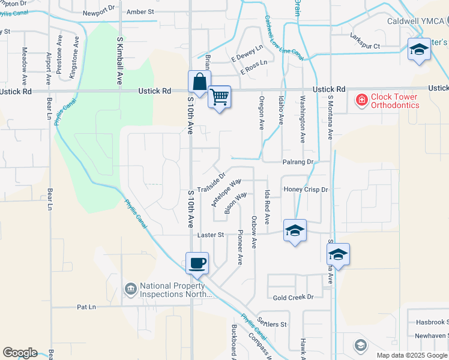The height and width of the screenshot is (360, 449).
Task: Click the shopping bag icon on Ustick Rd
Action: (199, 82)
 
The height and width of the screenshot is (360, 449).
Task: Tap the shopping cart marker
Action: (220, 96)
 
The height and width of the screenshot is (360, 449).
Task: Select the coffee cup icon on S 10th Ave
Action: (197, 263)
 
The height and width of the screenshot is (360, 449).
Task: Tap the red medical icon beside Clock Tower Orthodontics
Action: (361, 100)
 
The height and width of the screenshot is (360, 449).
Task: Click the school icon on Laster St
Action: (294, 231)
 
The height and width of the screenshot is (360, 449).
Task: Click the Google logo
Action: (20, 353)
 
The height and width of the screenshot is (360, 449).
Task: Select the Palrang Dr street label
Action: (298, 162)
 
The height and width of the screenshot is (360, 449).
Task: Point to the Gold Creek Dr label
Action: (294, 297)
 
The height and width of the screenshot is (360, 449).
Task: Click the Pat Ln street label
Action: (86, 307)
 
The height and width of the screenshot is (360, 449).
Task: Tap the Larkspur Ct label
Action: (365, 46)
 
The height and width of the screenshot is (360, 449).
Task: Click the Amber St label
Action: (141, 11)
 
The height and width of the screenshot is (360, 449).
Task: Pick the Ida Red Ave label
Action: (268, 203)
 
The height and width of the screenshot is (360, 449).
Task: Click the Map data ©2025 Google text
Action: (412, 355)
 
